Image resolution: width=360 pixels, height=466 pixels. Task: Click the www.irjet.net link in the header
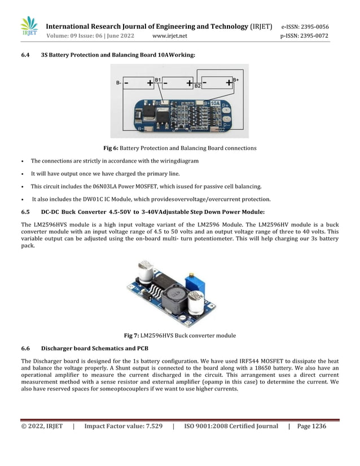click(x=170, y=36)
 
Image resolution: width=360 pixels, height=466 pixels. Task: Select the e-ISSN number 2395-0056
click(x=313, y=27)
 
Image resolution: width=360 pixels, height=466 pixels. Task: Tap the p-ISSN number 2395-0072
click(x=313, y=36)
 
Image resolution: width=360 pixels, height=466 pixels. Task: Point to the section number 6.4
click(x=25, y=55)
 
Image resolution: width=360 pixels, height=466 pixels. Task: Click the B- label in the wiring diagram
click(x=118, y=83)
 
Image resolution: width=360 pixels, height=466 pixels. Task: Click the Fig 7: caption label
click(x=131, y=336)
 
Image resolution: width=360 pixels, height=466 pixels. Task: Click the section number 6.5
click(x=25, y=212)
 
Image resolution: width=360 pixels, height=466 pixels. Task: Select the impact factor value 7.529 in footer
click(x=151, y=427)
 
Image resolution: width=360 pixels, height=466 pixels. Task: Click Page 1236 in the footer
click(x=311, y=427)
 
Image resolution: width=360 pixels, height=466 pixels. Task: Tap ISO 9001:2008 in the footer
click(x=210, y=427)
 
